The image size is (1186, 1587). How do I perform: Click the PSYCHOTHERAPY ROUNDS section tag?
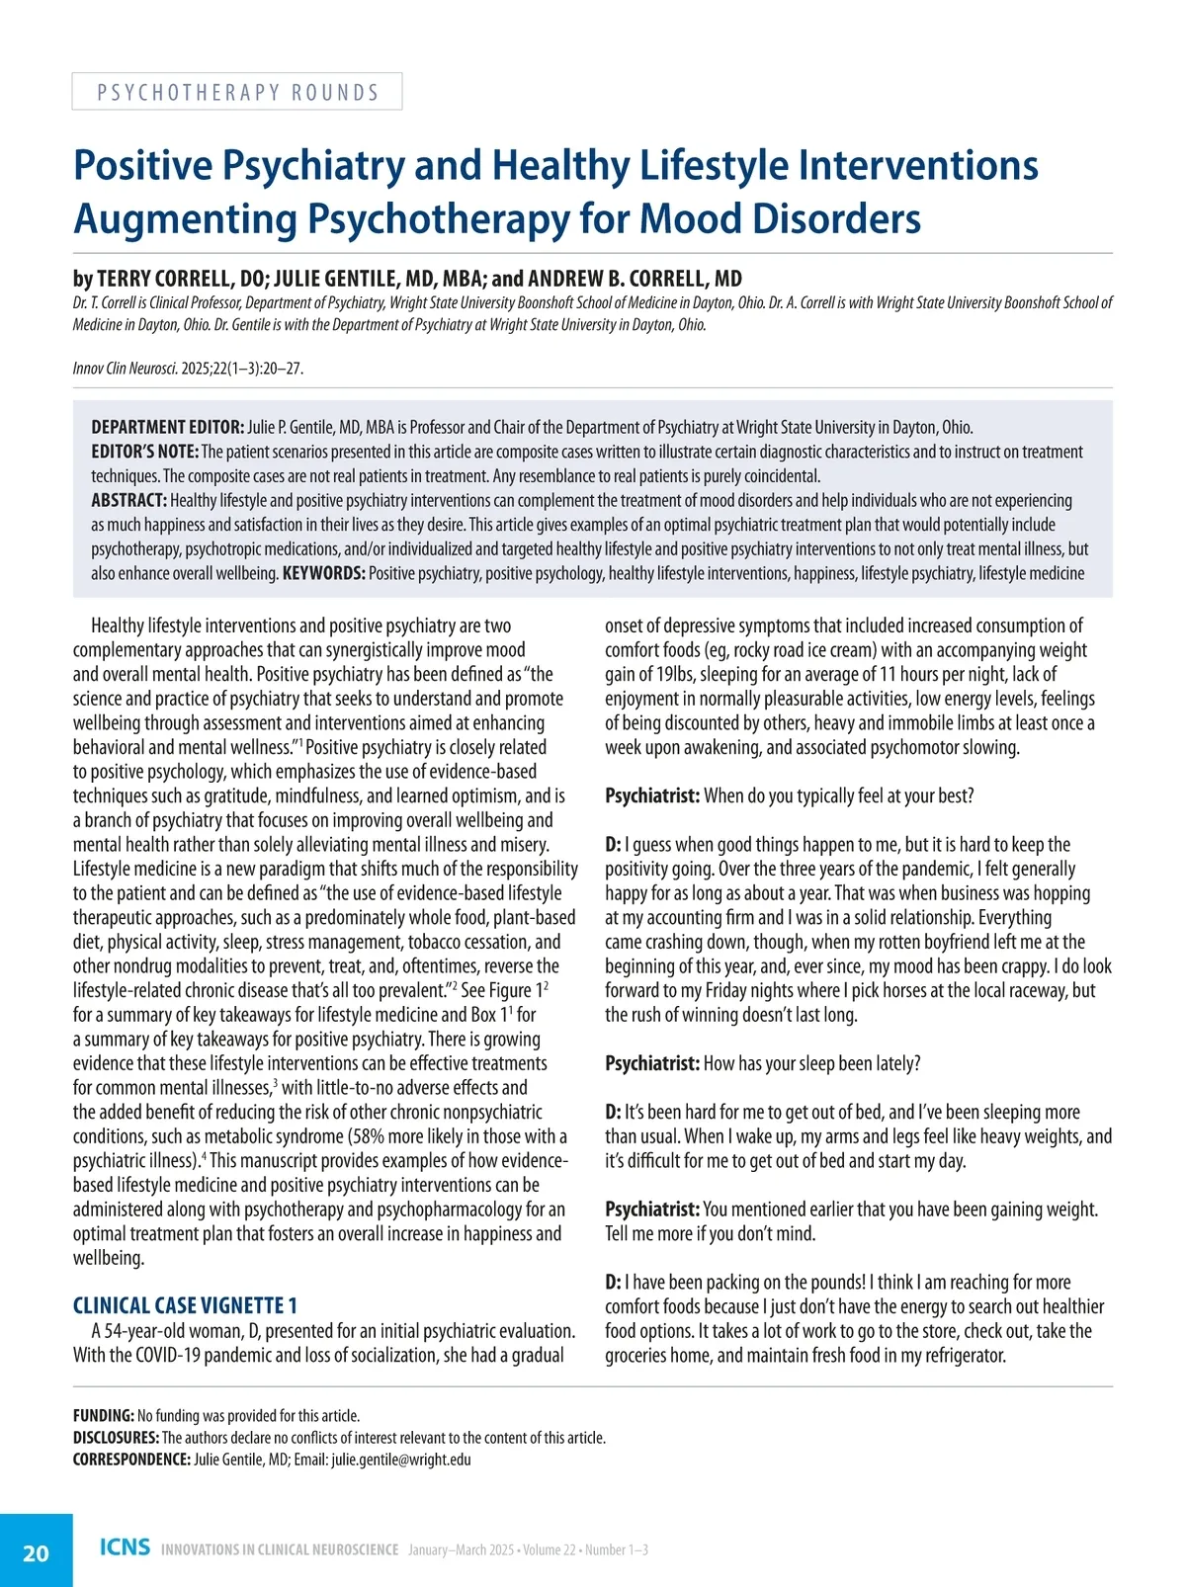237,92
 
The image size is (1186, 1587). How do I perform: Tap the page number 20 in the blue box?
36,1553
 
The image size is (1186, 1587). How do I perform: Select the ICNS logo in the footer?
125,1547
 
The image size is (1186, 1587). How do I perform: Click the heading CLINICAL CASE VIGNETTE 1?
185,1305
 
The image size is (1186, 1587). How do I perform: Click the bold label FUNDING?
103,1416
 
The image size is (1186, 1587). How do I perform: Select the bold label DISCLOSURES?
116,1438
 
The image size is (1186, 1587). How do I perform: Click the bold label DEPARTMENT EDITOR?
168,428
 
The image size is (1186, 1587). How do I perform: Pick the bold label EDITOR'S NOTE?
144,452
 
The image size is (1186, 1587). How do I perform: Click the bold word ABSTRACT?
128,500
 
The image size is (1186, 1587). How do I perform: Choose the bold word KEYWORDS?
324,573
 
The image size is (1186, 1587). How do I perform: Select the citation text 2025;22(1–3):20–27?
241,369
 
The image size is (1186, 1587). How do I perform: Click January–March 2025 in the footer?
461,1549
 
